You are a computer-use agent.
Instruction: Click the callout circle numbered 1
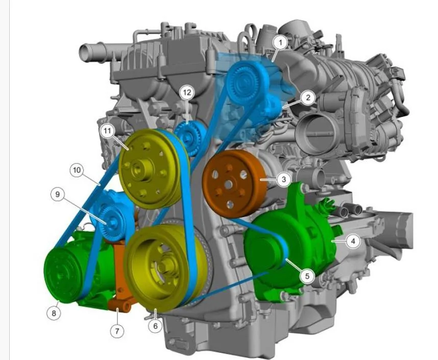(281, 42)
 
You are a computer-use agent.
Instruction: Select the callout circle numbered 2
(308, 98)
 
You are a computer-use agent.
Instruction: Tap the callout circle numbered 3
(284, 179)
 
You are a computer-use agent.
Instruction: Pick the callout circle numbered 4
(353, 241)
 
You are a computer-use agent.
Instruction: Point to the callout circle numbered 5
(307, 276)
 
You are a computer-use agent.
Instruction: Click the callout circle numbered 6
(155, 326)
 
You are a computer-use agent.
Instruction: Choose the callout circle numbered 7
(117, 331)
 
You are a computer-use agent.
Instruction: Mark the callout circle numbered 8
(54, 313)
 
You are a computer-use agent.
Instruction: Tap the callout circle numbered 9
(58, 194)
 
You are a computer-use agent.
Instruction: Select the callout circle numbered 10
(77, 170)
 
